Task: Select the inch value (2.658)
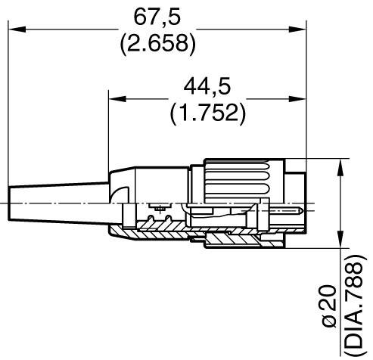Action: point(157,43)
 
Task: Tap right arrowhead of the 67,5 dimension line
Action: point(289,29)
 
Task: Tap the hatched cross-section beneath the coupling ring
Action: point(242,241)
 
